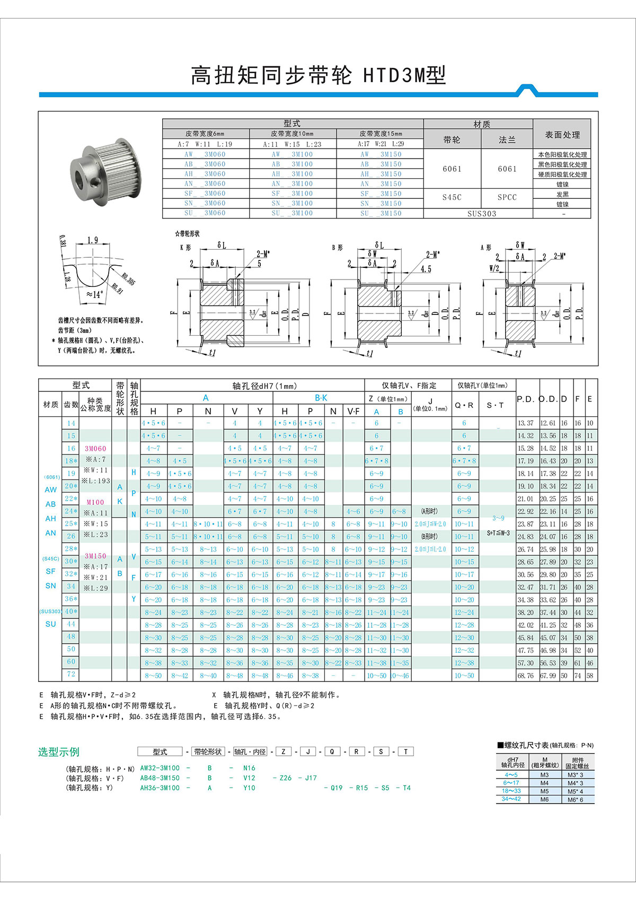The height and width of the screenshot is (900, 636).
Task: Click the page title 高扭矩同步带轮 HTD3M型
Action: tap(318, 76)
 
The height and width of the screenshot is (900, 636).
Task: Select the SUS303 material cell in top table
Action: tap(481, 214)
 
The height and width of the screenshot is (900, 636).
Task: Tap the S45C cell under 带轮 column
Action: tap(452, 197)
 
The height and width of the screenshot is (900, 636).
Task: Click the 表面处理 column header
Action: tap(562, 135)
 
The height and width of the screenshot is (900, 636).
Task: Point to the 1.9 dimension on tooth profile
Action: tap(93, 240)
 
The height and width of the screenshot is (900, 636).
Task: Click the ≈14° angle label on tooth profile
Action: tap(94, 294)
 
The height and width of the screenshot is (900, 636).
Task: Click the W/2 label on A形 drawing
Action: tap(494, 268)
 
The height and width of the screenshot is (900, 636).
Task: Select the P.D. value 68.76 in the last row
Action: tap(525, 676)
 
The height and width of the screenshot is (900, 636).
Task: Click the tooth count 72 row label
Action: tap(71, 674)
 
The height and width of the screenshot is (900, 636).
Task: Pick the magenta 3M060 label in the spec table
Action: tap(95, 449)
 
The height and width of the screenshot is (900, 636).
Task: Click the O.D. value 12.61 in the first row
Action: tap(548, 423)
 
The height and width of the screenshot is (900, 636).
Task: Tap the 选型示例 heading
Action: tap(58, 752)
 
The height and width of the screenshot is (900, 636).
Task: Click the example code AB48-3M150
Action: tap(160, 778)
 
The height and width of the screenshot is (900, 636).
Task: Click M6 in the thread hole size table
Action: tap(544, 799)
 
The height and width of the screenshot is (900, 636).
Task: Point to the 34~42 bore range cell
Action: tap(511, 799)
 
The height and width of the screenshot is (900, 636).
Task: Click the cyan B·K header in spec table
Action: tap(321, 398)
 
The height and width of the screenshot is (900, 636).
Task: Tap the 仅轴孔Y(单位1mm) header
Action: tap(482, 386)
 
